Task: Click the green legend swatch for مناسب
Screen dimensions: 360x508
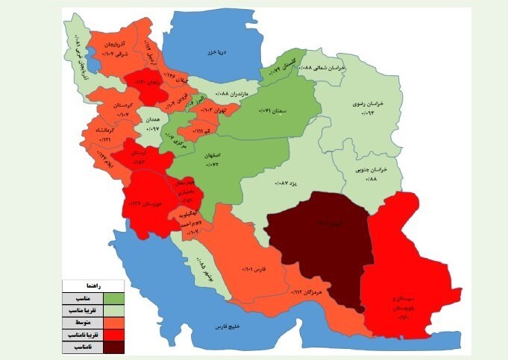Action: click(113, 298)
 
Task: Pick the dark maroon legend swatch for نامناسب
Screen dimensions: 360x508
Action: click(113, 347)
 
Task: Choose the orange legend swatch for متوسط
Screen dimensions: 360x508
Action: click(113, 323)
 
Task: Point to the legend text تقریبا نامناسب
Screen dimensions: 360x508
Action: click(81, 335)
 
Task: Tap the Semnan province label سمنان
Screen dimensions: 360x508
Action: click(273, 110)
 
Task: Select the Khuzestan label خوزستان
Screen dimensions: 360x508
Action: click(142, 203)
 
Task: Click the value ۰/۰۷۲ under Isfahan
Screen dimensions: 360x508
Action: click(227, 162)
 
